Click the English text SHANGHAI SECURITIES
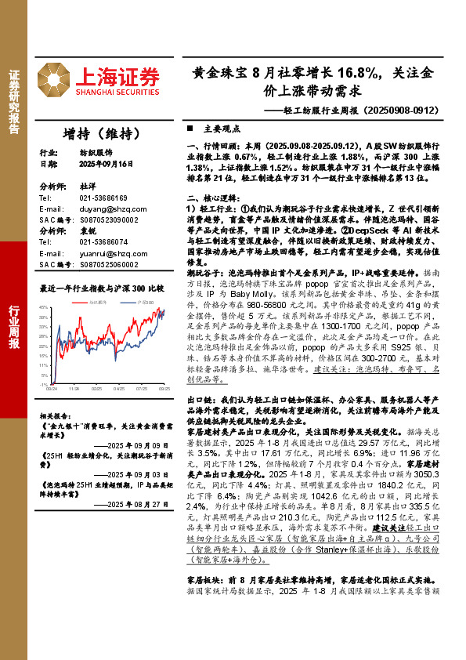click(117, 92)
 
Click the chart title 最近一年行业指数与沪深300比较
click(102, 288)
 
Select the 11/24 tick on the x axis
click(74, 388)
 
